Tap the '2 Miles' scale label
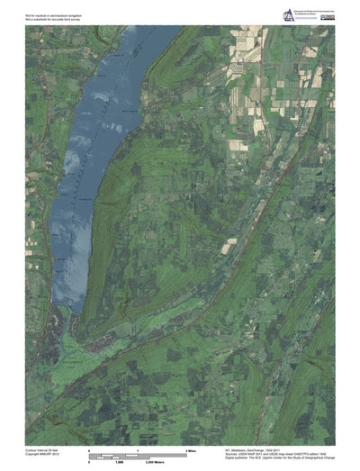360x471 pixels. [x=191, y=448]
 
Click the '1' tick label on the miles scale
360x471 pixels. [x=137, y=448]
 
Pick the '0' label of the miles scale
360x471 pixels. [x=88, y=448]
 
